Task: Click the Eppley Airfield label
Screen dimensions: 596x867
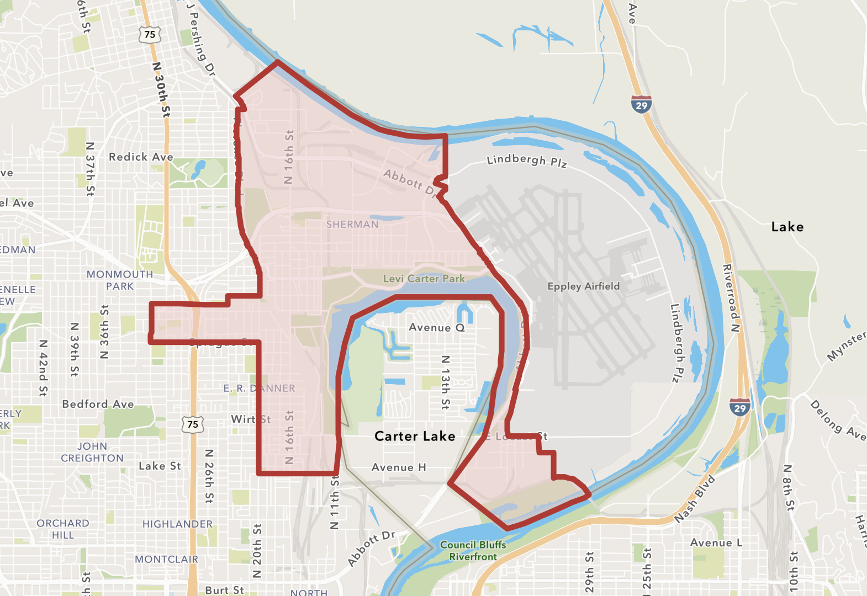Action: click(x=583, y=286)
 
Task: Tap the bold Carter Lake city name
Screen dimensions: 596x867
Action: click(x=415, y=437)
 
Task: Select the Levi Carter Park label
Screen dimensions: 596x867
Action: click(x=424, y=279)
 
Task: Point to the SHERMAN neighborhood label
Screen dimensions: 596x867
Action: click(x=352, y=225)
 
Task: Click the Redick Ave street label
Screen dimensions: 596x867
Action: click(x=141, y=157)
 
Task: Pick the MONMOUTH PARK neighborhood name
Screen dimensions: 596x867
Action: click(x=120, y=280)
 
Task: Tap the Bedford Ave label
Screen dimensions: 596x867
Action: click(x=98, y=405)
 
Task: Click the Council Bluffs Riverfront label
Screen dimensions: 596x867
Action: click(x=473, y=551)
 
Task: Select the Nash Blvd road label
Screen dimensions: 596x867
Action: click(x=695, y=499)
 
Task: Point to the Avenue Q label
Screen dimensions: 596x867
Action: click(x=436, y=328)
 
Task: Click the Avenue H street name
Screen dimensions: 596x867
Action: click(x=399, y=468)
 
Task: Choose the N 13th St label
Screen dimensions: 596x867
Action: click(x=445, y=382)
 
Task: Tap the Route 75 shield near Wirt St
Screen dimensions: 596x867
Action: click(x=193, y=424)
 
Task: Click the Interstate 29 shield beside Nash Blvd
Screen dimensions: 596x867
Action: click(x=740, y=407)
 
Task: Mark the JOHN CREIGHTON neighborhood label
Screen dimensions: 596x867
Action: click(x=92, y=453)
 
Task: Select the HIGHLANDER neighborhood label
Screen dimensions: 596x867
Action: click(x=177, y=524)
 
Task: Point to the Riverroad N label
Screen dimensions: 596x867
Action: click(x=731, y=298)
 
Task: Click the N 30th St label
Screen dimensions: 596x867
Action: click(x=161, y=89)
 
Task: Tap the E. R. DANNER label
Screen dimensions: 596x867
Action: click(x=259, y=389)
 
